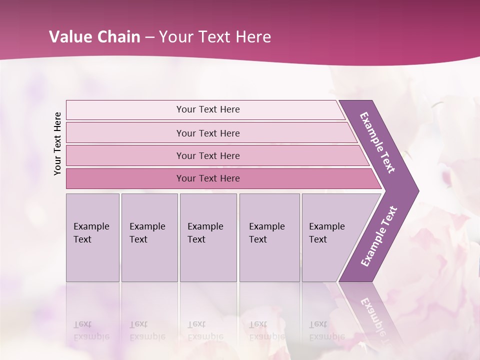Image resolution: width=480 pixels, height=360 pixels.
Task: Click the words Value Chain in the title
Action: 94,37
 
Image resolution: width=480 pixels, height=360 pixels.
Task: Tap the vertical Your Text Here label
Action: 58,143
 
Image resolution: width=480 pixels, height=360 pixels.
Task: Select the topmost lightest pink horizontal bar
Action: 207,109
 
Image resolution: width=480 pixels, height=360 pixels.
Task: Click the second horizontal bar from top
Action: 207,133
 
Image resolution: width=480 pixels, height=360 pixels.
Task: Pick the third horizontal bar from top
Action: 207,155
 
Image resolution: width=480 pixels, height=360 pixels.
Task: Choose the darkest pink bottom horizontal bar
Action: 207,178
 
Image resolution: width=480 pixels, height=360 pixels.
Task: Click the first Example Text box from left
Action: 92,237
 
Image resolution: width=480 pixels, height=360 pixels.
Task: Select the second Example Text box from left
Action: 149,237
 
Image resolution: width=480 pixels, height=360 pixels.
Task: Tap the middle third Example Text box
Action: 208,237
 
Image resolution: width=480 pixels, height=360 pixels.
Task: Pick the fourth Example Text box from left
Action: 269,237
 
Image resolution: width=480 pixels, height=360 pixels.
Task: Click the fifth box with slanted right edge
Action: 330,237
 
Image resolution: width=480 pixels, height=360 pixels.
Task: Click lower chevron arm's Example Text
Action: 379,236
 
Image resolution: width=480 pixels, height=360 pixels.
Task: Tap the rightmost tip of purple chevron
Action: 417,190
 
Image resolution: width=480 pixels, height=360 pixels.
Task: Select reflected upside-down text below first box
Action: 91,330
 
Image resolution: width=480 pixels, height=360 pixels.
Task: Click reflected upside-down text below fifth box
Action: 326,330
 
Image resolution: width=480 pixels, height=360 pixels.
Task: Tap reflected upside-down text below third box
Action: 205,330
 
